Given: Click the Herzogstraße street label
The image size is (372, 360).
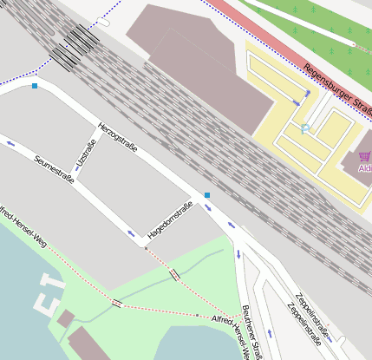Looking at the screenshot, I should pos(118,137).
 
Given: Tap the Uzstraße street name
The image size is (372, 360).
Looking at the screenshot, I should pos(86,150).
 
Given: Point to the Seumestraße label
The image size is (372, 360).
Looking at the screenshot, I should pos(54,170).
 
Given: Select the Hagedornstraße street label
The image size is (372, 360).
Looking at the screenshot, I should pos(170,219).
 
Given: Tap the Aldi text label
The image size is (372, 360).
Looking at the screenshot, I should pos(365,167).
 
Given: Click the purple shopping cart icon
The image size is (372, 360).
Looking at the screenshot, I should pos(363,156).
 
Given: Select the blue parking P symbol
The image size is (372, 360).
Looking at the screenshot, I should pos(305,128).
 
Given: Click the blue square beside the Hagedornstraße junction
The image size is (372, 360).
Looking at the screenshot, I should pos(207,194).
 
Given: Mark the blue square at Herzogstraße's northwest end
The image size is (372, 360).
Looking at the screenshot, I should pos(35,86).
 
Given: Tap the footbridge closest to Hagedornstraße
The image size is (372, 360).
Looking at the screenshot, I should pos(175,275).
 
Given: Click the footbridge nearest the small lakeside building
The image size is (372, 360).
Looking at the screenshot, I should pos(116,303).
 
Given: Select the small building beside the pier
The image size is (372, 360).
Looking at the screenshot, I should pos(65,318).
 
